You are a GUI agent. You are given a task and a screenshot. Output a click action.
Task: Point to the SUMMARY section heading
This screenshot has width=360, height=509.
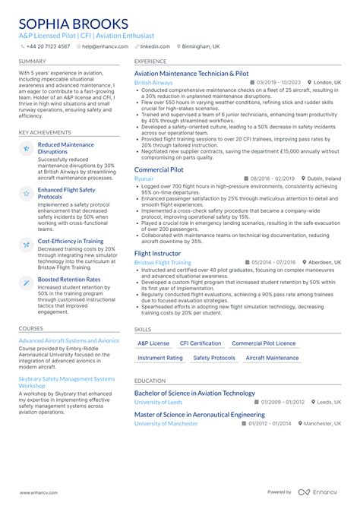[32, 62]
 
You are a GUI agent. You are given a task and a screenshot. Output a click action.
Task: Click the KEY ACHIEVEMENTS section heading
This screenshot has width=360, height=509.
[45, 132]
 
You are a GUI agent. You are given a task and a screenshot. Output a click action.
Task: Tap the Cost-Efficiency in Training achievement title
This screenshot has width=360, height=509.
[71, 241]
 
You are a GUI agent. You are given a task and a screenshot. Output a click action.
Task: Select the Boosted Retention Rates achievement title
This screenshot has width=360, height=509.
[69, 280]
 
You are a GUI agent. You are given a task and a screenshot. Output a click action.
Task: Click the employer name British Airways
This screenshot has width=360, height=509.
[153, 82]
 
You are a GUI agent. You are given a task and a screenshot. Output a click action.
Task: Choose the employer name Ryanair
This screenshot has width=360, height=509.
[144, 178]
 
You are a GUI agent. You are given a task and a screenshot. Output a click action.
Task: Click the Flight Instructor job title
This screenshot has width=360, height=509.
[157, 253]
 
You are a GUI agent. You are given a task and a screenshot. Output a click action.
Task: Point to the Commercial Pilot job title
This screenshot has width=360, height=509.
[159, 169]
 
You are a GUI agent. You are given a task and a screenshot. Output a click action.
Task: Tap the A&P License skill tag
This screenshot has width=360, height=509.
[154, 343]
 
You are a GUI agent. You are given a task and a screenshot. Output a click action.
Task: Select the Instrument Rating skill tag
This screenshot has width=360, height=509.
[160, 358]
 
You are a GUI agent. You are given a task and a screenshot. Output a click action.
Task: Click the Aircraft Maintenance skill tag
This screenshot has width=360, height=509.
[272, 358]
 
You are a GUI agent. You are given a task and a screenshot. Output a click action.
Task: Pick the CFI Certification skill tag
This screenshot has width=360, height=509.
[201, 343]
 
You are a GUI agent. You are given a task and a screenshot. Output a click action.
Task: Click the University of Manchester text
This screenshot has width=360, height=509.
[166, 423]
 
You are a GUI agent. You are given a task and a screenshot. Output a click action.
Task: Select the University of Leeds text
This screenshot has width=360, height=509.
[158, 402]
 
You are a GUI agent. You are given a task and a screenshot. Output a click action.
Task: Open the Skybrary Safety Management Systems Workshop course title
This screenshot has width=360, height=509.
[67, 382]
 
